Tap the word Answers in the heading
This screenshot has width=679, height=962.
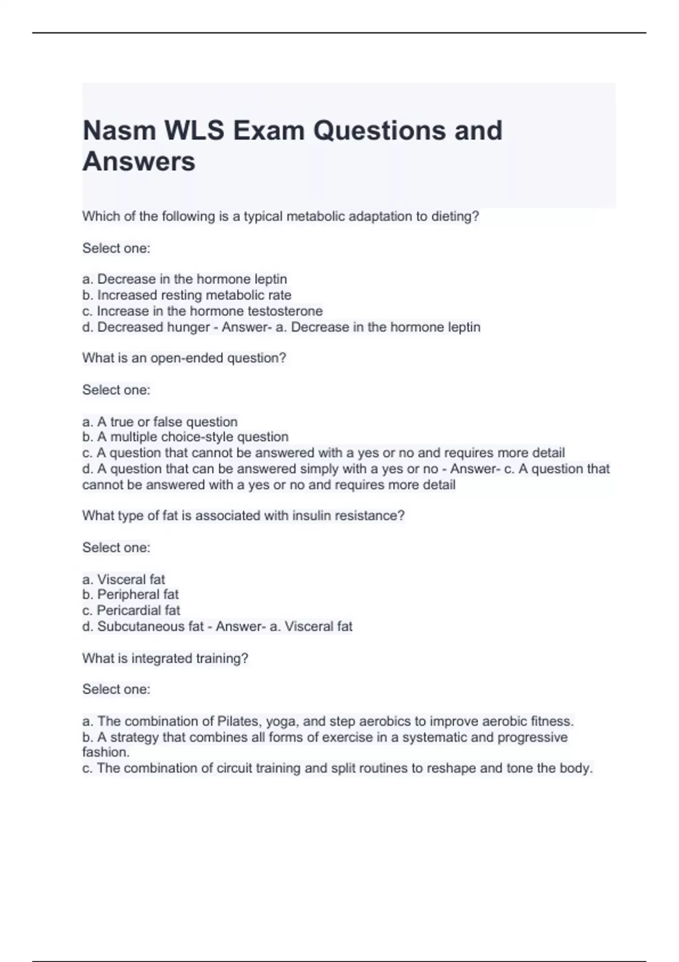(139, 162)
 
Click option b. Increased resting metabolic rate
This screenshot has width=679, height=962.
(187, 295)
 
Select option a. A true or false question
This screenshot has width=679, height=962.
(160, 422)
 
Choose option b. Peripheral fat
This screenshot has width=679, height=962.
(130, 594)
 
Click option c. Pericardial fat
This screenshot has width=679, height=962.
(131, 610)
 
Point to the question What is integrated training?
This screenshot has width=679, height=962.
(165, 658)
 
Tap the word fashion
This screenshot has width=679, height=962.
(106, 752)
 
